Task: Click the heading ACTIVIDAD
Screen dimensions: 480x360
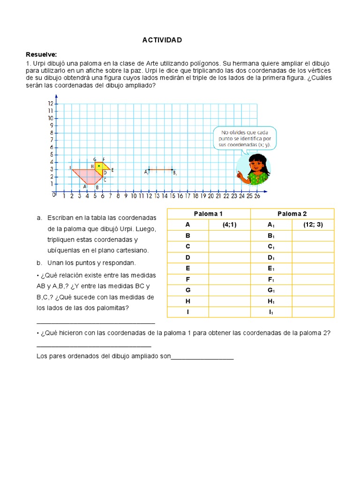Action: [x=162, y=40]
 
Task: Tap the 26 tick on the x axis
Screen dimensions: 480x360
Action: [x=256, y=195]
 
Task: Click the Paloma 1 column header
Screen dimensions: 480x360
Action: [x=208, y=214]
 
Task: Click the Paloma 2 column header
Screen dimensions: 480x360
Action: [x=292, y=214]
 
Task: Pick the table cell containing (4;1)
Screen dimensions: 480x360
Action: [x=229, y=225]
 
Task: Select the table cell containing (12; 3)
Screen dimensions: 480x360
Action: [x=313, y=225]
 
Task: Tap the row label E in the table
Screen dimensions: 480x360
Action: [x=187, y=269]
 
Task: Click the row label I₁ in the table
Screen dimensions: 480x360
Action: [x=271, y=312]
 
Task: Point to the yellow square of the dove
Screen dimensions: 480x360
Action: [x=98, y=166]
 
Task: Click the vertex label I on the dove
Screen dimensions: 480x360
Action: [x=69, y=168]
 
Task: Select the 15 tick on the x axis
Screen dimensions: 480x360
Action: [x=172, y=195]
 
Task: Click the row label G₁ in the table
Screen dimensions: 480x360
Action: [x=271, y=291]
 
